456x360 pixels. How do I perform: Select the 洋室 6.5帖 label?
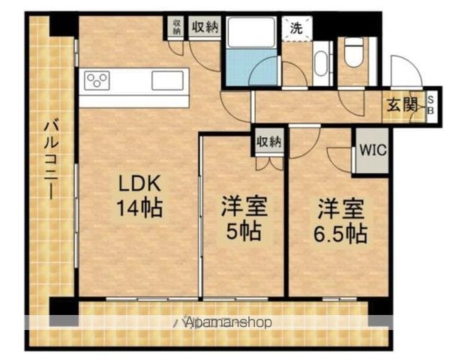pyautogui.click(x=340, y=219)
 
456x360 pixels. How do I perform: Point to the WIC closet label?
pyautogui.click(x=372, y=149)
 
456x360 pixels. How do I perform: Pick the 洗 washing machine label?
pyautogui.click(x=296, y=28)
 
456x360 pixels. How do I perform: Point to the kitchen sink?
pyautogui.click(x=167, y=80)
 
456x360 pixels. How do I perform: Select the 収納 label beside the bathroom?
pyautogui.click(x=203, y=27)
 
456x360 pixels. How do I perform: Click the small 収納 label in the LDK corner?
pyautogui.click(x=175, y=27)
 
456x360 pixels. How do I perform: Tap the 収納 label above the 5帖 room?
pyautogui.click(x=268, y=141)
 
